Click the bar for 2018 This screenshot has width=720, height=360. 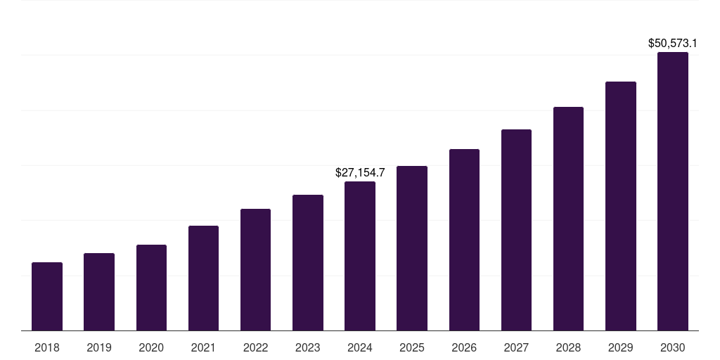pyautogui.click(x=47, y=296)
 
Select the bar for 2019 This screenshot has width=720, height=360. pyautogui.click(x=99, y=292)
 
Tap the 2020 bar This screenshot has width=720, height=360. pyautogui.click(x=151, y=288)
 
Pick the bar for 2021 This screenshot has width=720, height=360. pyautogui.click(x=203, y=278)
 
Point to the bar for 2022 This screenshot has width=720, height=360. pyautogui.click(x=255, y=269)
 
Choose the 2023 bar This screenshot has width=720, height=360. pyautogui.click(x=308, y=262)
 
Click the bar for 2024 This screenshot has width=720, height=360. pyautogui.click(x=360, y=256)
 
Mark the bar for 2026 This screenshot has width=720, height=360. pyautogui.click(x=464, y=240)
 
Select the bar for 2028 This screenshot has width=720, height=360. pyautogui.click(x=568, y=219)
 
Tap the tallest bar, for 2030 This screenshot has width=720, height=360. pyautogui.click(x=673, y=191)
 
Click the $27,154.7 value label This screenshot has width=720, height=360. pyautogui.click(x=360, y=172)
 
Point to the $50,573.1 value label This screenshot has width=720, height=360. pyautogui.click(x=673, y=43)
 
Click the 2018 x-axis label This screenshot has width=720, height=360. pyautogui.click(x=47, y=347)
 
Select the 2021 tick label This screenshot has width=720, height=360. pyautogui.click(x=203, y=347)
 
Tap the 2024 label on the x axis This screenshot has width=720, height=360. pyautogui.click(x=360, y=347)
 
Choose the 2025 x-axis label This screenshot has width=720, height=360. pyautogui.click(x=412, y=347)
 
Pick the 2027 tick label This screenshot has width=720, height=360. pyautogui.click(x=516, y=347)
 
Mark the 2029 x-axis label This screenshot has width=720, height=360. pyautogui.click(x=621, y=347)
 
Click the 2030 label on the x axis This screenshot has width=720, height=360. pyautogui.click(x=673, y=347)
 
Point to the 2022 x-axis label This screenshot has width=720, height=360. pyautogui.click(x=255, y=347)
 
